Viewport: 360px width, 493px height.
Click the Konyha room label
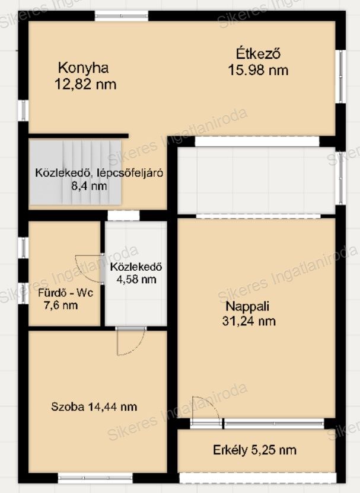pyautogui.click(x=84, y=68)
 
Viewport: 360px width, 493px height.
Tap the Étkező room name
pyautogui.click(x=259, y=53)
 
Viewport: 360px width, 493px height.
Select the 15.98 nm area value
pyautogui.click(x=258, y=70)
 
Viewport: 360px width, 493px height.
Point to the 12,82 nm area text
pyautogui.click(x=85, y=84)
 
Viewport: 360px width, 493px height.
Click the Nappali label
pyautogui.click(x=247, y=306)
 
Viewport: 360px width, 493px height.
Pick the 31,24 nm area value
pyautogui.click(x=249, y=321)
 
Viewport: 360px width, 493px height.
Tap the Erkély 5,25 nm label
pyautogui.click(x=254, y=450)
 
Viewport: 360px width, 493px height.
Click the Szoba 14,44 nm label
pyautogui.click(x=94, y=407)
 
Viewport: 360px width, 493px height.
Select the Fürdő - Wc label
pyautogui.click(x=65, y=293)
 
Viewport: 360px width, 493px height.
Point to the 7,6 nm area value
pyautogui.click(x=60, y=305)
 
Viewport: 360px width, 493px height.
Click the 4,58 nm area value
pyautogui.click(x=136, y=279)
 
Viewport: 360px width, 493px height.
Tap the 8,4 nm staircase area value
pyautogui.click(x=89, y=186)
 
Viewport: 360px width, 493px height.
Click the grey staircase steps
pyautogui.click(x=75, y=172)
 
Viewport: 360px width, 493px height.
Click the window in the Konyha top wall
pyautogui.click(x=122, y=16)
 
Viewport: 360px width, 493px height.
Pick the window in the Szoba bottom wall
pyautogui.click(x=95, y=478)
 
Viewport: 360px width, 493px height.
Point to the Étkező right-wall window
pyautogui.click(x=340, y=76)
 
